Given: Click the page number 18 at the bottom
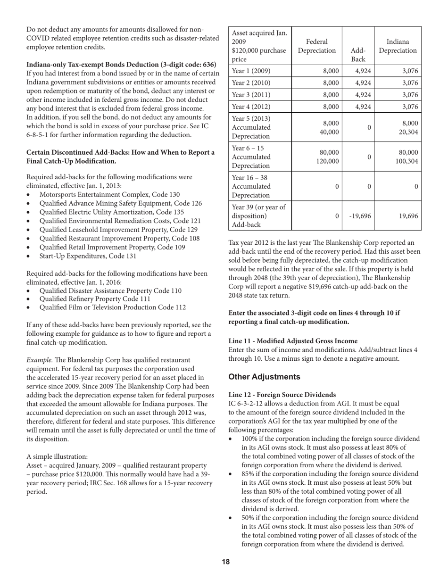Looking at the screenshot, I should (x=226, y=562).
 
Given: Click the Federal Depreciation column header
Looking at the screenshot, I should (x=317, y=46).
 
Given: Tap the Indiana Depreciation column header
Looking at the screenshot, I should (x=398, y=46).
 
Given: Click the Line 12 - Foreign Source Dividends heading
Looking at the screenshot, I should (x=282, y=394).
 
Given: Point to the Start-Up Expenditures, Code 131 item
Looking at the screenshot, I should (x=88, y=256).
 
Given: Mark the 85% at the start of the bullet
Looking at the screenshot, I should (x=249, y=473).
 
